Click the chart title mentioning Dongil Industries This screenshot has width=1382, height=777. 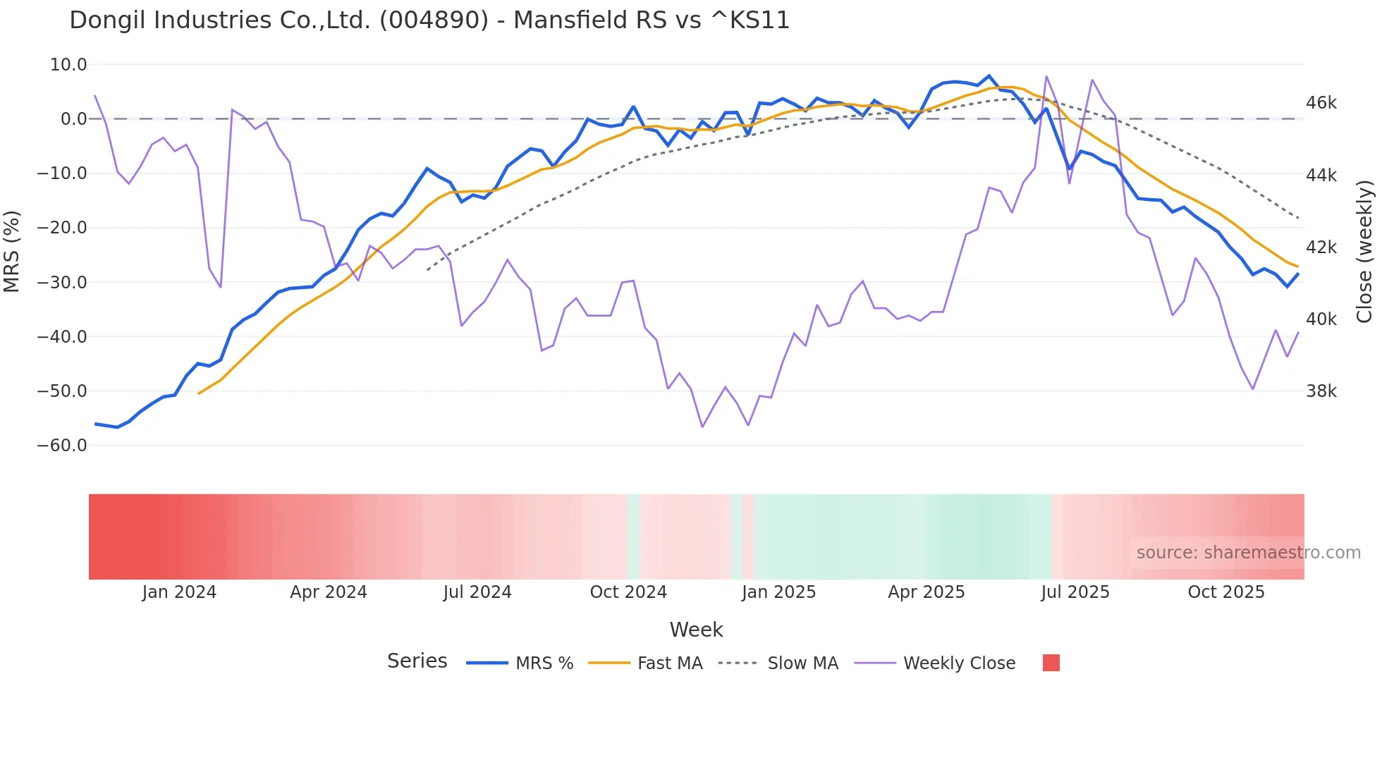429,20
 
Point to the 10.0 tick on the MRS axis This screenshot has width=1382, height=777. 68,65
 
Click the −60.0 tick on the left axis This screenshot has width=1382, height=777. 62,446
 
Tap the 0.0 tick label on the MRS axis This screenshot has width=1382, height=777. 73,119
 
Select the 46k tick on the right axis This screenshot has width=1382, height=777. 1321,103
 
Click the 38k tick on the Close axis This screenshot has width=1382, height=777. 1321,391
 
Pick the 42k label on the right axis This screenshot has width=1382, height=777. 1321,247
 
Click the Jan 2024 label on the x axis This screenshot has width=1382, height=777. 179,592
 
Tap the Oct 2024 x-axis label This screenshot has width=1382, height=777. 628,592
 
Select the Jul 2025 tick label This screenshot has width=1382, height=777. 1075,592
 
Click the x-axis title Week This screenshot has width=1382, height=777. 696,630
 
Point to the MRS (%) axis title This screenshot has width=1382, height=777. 12,251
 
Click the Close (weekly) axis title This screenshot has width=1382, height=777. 1364,251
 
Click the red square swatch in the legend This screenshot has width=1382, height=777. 1051,663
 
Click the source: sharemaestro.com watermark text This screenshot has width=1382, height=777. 1248,553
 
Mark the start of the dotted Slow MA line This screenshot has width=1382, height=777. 427,270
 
